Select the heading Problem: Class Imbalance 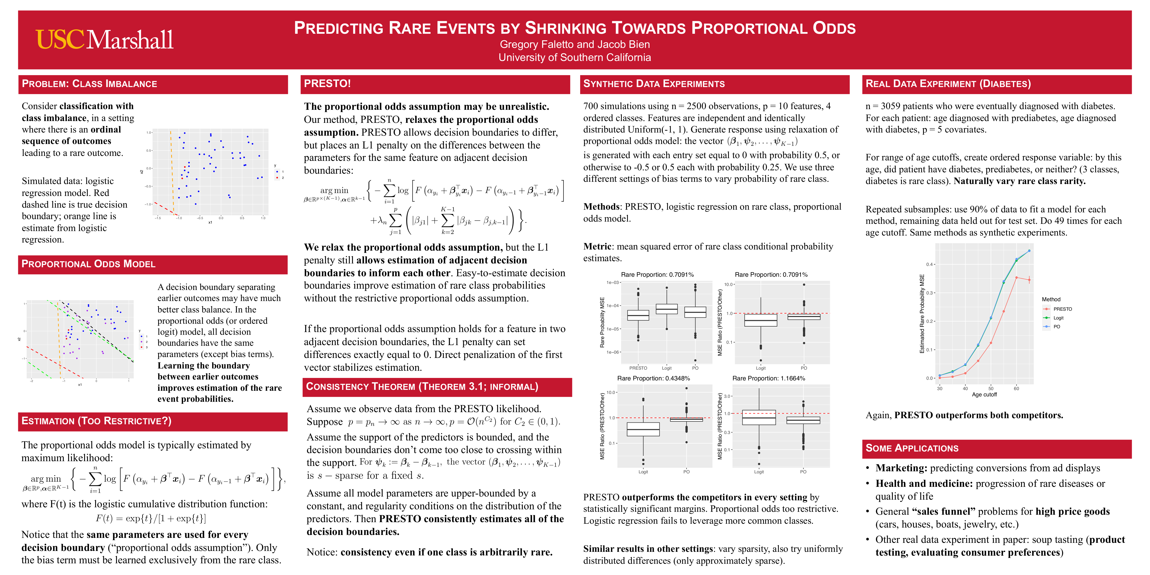coord(89,84)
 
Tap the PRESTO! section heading coord(327,83)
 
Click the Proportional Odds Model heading coord(88,264)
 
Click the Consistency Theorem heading coord(422,387)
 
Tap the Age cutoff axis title coord(984,395)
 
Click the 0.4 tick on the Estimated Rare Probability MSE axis coord(930,264)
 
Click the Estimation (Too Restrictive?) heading coord(97,421)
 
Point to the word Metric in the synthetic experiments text coord(597,246)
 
